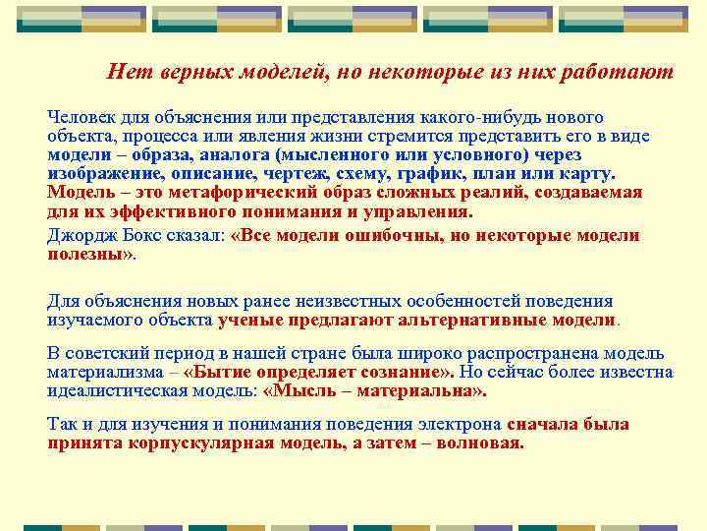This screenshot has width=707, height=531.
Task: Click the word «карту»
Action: tap(587, 174)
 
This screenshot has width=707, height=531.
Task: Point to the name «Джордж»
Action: tap(79, 236)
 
